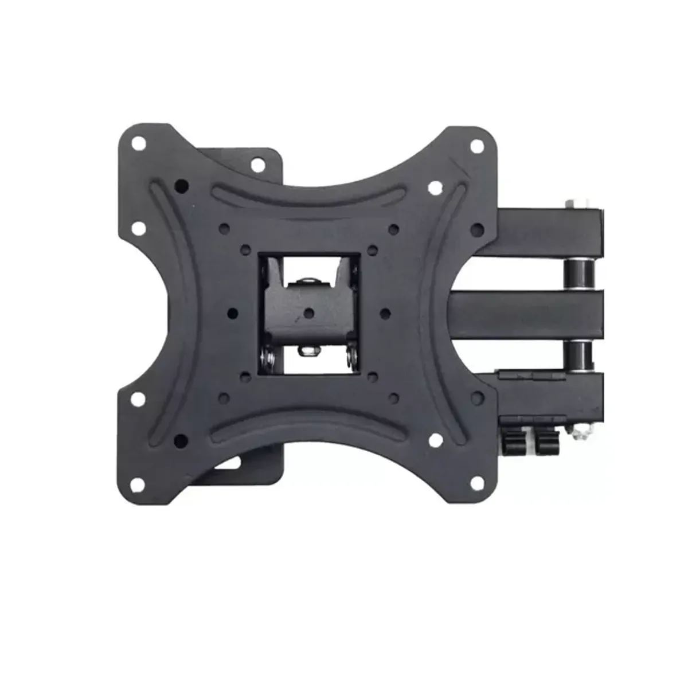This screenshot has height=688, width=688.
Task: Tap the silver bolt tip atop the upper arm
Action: [573, 204]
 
